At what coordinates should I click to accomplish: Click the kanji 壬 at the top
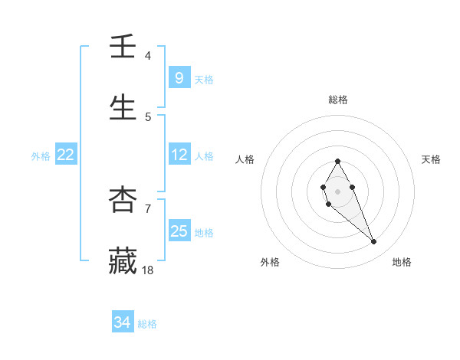[123, 47]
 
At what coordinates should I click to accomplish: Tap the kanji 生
[123, 108]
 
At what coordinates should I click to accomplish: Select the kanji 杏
[123, 200]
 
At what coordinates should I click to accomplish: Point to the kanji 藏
[123, 260]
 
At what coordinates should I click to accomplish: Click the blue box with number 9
[179, 77]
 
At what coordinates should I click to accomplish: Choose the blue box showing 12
[179, 155]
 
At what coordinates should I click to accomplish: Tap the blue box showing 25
[179, 231]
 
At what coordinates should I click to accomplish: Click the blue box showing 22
[65, 155]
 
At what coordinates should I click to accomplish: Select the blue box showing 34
[122, 322]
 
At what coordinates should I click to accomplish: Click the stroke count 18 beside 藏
[148, 270]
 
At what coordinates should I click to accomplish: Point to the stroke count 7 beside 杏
[147, 208]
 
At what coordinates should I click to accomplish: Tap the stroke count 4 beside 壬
[147, 56]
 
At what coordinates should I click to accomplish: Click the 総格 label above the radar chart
[337, 100]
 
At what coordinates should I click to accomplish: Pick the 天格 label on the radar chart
[431, 159]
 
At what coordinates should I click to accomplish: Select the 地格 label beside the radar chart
[402, 263]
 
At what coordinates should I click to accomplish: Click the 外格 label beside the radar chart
[270, 263]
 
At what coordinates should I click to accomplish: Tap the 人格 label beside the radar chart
[245, 159]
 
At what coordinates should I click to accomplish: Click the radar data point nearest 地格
[373, 242]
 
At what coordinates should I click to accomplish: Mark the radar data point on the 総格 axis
[337, 161]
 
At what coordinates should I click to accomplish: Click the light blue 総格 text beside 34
[147, 324]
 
